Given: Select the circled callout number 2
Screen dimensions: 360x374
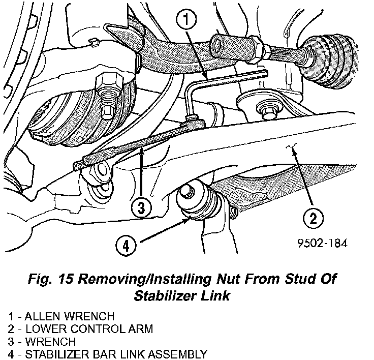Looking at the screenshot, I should pyautogui.click(x=313, y=219).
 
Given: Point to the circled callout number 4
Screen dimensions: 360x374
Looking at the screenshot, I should pyautogui.click(x=125, y=247).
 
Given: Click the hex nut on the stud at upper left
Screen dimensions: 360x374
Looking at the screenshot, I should pyautogui.click(x=109, y=81).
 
